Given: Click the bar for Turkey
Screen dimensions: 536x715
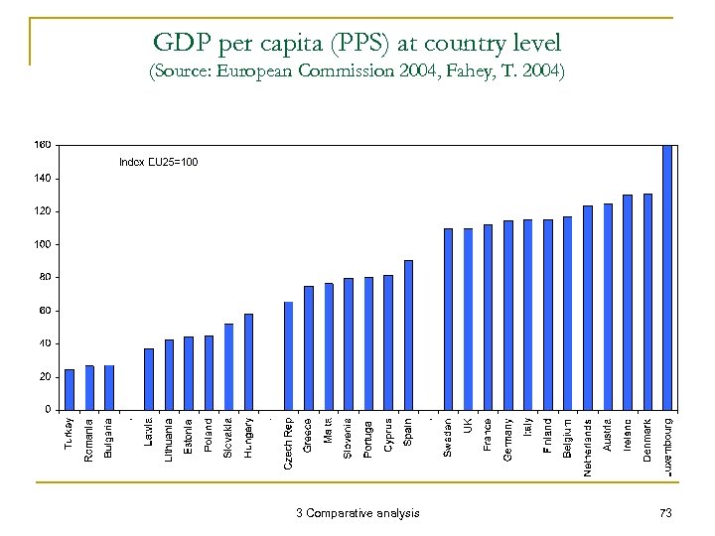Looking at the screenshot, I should [x=70, y=389].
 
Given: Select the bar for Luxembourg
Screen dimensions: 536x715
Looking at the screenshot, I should [x=667, y=277].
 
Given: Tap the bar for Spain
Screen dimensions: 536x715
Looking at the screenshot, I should [x=408, y=335].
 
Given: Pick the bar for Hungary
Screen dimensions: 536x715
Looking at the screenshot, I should [x=248, y=361].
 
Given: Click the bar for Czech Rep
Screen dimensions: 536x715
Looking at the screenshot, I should [x=289, y=355].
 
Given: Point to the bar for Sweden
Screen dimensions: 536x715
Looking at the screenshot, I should [x=448, y=319].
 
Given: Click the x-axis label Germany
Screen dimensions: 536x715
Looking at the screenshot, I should [x=508, y=438].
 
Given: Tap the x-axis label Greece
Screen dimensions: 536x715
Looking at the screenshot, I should [x=309, y=435].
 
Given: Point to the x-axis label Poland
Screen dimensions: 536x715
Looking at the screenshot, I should [x=209, y=435].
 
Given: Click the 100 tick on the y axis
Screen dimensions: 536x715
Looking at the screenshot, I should [x=44, y=244].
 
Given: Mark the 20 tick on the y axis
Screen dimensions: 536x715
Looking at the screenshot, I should [x=46, y=376].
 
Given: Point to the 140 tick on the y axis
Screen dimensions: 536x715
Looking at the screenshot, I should [x=44, y=178].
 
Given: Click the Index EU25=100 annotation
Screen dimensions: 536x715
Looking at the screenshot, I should [x=158, y=162].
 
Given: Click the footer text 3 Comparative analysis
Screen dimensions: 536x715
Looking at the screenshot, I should [x=357, y=512].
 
